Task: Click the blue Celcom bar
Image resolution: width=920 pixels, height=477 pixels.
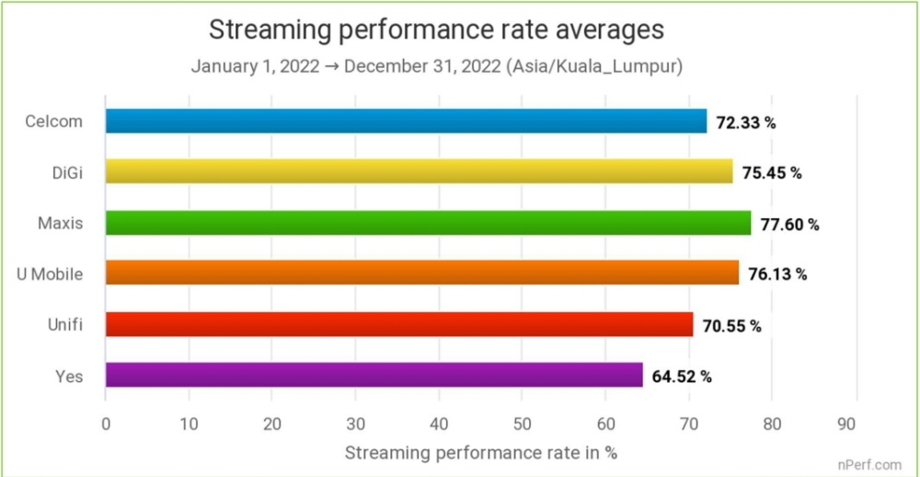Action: pos(406,122)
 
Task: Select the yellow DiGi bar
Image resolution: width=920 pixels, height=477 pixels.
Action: pos(419,171)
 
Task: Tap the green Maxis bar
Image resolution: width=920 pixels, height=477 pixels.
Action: pos(428,223)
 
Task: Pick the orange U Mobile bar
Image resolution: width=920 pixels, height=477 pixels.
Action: pos(421,273)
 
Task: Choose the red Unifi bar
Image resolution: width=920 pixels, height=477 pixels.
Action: pos(399,324)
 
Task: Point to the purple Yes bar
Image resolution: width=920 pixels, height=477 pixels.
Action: pos(374,375)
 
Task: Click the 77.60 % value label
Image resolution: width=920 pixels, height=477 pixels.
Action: pos(788,224)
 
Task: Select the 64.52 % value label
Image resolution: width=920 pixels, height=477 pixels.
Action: pos(682,376)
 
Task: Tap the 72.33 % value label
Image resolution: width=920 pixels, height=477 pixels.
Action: pos(745,122)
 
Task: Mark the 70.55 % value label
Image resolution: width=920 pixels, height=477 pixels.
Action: pos(731,325)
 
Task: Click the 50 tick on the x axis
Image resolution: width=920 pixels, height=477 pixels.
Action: pos(522,424)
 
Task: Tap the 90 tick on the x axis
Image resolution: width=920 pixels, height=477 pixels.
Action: pos(856,424)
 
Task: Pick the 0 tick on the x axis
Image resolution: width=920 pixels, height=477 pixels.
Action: pos(106,424)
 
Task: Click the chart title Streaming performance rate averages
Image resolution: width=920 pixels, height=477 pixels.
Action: pos(436,29)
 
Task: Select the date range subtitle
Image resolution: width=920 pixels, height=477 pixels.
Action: pos(436,67)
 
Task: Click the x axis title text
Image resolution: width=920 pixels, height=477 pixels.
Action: pos(480,452)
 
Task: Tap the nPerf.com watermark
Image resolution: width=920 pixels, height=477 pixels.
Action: pos(869,464)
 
